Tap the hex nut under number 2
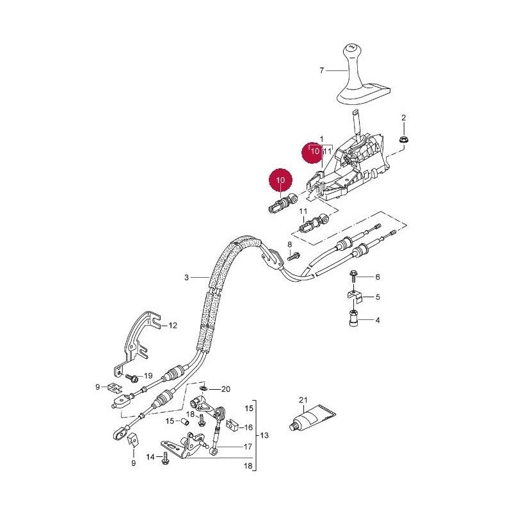404,140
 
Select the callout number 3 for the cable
186,278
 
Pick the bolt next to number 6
353,276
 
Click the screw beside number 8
294,256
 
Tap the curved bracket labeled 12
137,343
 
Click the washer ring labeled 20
204,388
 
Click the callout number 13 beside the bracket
264,435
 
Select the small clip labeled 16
233,424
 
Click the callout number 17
248,446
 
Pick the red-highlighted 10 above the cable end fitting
280,180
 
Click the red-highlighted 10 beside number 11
315,151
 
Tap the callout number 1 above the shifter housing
321,139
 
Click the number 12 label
172,326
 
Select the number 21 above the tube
303,400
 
